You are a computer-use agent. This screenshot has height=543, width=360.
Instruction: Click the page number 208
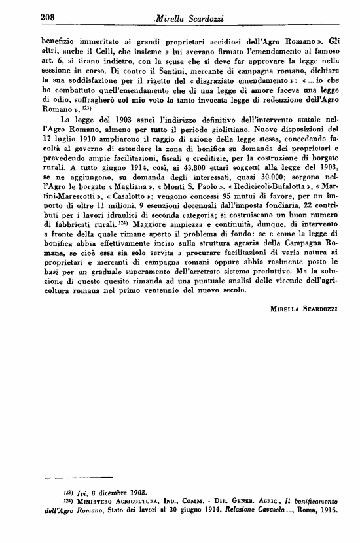point(47,16)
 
